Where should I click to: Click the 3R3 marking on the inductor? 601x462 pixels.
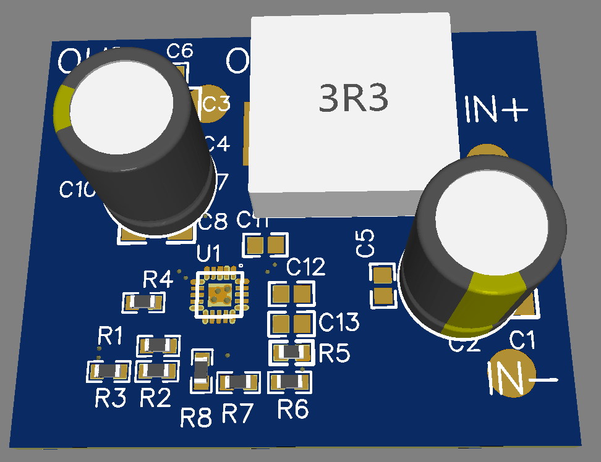pyautogui.click(x=354, y=99)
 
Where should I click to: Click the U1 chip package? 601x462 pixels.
pyautogui.click(x=220, y=294)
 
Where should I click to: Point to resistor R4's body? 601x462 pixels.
pyautogui.click(x=143, y=302)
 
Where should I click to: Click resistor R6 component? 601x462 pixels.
pyautogui.click(x=289, y=382)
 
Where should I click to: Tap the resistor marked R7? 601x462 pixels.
pyautogui.click(x=238, y=382)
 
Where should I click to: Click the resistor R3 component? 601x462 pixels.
pyautogui.click(x=109, y=371)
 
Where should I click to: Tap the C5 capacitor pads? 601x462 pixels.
pyautogui.click(x=383, y=285)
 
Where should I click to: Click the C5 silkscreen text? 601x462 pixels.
pyautogui.click(x=367, y=243)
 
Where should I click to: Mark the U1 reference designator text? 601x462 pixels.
pyautogui.click(x=208, y=253)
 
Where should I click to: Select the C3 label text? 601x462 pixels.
pyautogui.click(x=216, y=104)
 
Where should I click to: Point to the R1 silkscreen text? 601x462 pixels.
pyautogui.click(x=110, y=337)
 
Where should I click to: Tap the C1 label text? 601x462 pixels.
pyautogui.click(x=522, y=339)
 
